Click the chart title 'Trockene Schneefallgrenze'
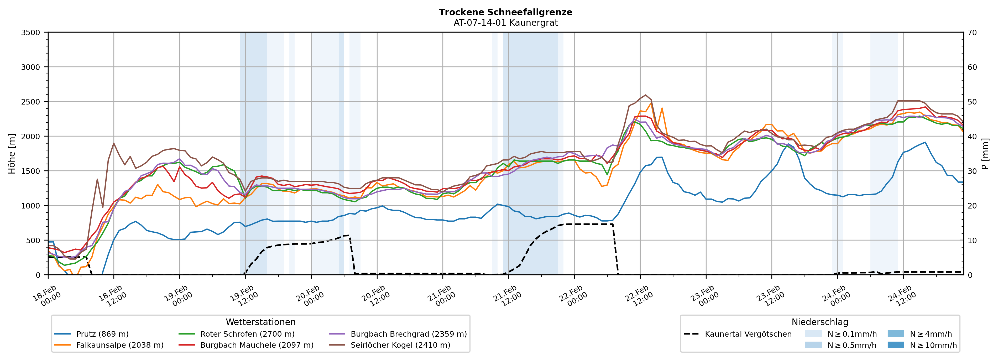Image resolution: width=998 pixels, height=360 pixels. (506, 12)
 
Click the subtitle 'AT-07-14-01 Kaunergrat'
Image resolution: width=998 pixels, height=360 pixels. (506, 23)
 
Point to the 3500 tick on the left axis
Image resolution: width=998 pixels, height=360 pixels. (31, 33)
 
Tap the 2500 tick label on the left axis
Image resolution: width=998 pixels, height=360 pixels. (31, 102)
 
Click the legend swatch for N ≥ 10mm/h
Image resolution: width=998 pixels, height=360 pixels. (896, 345)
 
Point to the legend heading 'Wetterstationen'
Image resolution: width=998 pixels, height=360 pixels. (260, 322)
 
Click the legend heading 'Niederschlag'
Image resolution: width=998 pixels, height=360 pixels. (820, 322)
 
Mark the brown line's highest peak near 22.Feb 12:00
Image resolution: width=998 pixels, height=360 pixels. (645, 95)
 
